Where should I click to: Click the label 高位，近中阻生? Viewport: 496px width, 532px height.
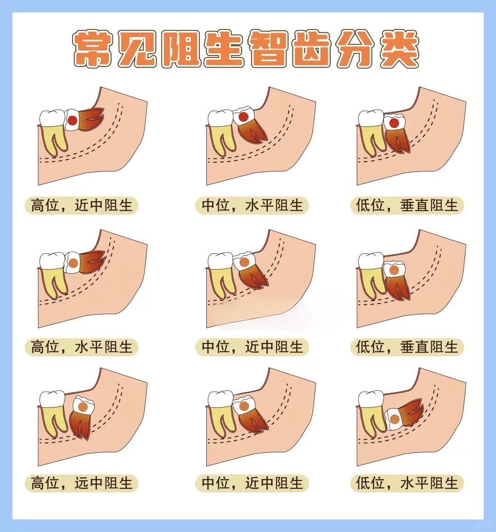(x=81, y=205)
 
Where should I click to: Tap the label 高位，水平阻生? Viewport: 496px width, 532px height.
(x=81, y=347)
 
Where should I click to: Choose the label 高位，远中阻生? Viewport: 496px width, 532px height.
(x=81, y=483)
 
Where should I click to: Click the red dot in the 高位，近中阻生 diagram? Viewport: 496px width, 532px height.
(x=73, y=120)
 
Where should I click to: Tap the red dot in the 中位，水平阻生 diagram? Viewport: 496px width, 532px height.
(x=244, y=117)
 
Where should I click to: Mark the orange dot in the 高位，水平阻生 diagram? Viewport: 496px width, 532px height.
(x=73, y=264)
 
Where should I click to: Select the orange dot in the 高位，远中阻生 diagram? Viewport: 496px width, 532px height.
(x=83, y=407)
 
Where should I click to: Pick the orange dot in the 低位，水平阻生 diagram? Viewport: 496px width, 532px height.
(x=395, y=419)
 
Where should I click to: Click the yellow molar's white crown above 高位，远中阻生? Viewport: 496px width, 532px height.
(x=51, y=399)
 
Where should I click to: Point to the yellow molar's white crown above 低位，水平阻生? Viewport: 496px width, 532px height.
(x=371, y=399)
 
